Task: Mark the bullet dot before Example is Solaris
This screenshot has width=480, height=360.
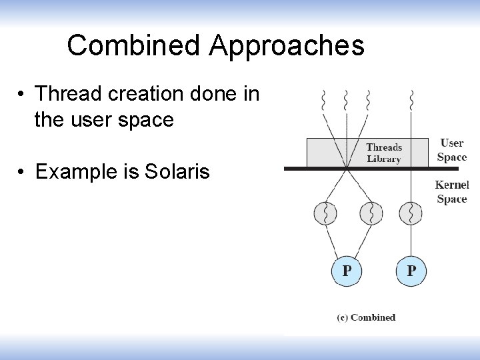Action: click(22, 173)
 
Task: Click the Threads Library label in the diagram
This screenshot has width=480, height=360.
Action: click(384, 153)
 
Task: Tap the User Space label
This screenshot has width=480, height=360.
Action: click(452, 150)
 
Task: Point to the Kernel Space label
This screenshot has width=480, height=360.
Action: click(452, 191)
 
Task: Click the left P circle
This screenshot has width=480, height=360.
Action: click(347, 271)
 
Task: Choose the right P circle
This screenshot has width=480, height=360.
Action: click(411, 271)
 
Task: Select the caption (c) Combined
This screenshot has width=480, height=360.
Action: click(366, 317)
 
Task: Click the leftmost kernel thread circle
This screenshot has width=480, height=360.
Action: click(325, 213)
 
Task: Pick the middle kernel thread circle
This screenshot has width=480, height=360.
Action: click(371, 213)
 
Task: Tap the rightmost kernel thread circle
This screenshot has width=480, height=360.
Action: click(411, 213)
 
